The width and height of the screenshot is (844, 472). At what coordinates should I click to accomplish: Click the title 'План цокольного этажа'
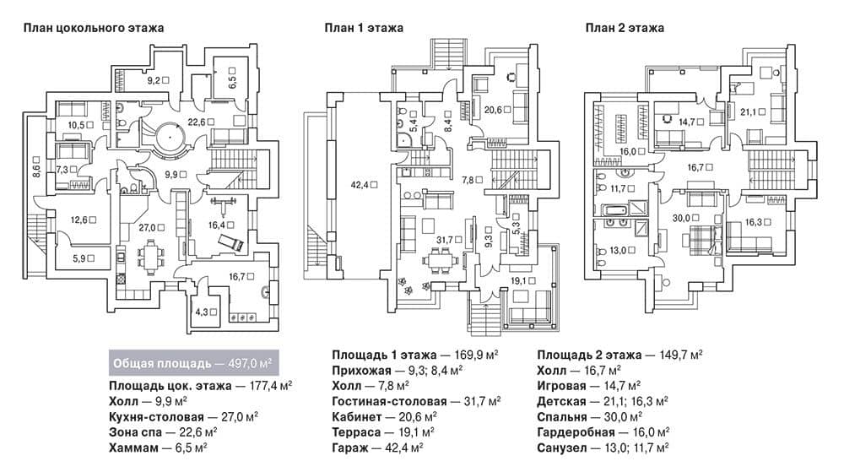93,28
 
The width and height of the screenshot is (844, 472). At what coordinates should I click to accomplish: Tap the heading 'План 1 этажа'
363,28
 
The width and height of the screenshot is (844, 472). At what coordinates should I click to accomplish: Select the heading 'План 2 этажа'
625,28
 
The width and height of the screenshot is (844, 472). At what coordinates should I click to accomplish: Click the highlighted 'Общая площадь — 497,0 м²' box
194,363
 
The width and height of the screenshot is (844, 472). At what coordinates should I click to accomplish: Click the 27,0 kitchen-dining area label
151,228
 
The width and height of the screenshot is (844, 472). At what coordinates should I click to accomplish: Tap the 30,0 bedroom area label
685,218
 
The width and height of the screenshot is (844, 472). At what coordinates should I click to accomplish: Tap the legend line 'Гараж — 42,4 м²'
377,448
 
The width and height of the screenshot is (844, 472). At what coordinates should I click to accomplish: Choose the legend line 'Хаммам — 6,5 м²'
159,448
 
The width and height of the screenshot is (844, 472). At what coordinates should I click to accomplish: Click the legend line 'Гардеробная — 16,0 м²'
603,432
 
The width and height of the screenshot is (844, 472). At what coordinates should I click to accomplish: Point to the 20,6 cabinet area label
497,111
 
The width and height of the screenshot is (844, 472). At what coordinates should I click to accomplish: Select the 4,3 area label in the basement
206,312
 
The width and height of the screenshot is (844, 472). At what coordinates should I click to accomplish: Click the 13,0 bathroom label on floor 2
622,250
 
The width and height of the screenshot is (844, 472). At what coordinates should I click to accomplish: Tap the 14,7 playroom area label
691,122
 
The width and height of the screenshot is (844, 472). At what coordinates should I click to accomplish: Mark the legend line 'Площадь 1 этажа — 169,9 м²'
415,355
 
